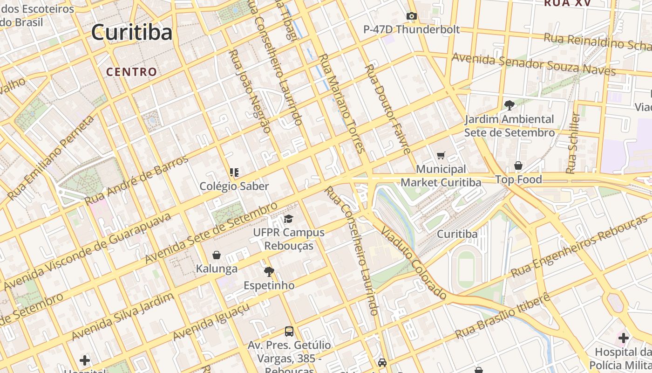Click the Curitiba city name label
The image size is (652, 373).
pos(132,32)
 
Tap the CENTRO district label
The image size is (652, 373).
pos(132,72)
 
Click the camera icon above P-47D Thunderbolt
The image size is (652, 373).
pos(411,16)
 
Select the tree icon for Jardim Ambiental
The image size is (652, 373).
pos(509,105)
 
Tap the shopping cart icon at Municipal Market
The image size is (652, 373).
pos(441,155)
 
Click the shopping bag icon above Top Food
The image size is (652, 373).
pos(518,166)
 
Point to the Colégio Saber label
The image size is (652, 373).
pos(234,186)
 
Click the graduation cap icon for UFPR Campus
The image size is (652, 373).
pos(289,219)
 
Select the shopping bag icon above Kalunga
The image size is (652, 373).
pos(217,255)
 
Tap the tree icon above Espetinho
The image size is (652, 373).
pos(269,271)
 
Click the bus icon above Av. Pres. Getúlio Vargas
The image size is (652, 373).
pos(289,332)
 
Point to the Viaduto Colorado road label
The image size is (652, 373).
pos(414,262)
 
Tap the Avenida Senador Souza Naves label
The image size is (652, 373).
pos(534,64)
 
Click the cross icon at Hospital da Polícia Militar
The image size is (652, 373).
pos(623,338)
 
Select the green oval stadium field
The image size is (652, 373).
pos(465,269)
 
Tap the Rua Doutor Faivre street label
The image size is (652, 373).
pos(387,109)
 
